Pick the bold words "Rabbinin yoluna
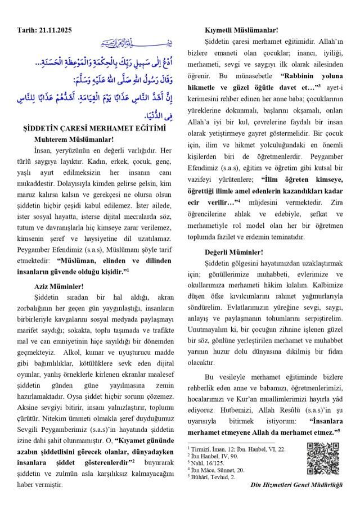[309, 75]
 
